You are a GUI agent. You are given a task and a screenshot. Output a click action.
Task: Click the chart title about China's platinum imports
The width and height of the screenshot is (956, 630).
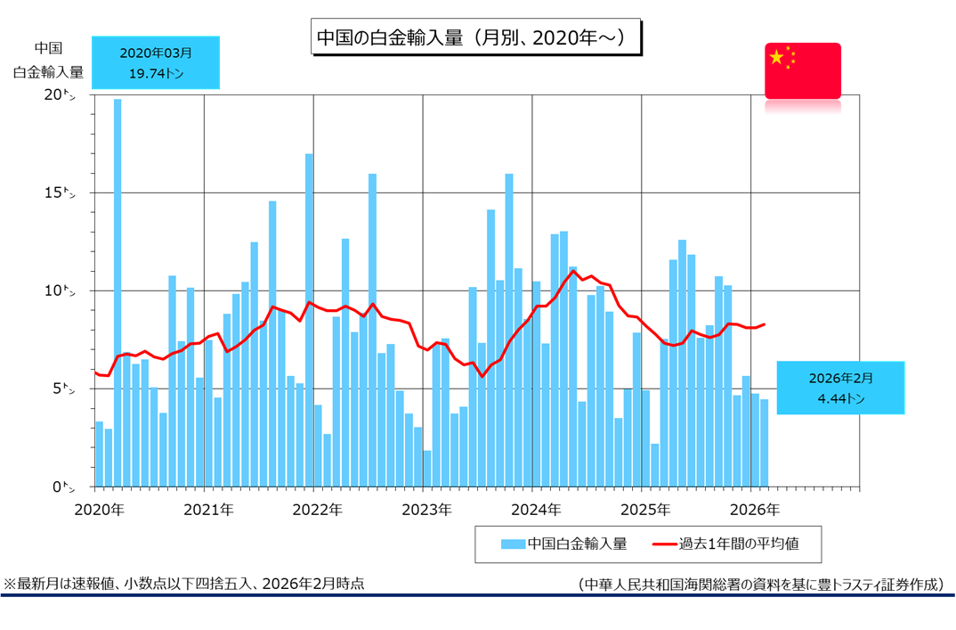click(x=474, y=38)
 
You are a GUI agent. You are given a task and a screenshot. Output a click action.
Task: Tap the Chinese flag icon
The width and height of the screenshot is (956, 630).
click(x=802, y=70)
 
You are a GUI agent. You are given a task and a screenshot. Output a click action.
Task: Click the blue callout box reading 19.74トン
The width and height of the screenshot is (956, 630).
click(x=156, y=62)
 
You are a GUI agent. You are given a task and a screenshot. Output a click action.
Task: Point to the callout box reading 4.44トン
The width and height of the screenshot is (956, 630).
click(x=840, y=388)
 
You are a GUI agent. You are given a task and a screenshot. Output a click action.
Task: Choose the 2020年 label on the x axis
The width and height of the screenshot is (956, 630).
click(x=100, y=510)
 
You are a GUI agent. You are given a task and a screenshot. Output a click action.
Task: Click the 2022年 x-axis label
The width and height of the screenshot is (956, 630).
click(x=318, y=510)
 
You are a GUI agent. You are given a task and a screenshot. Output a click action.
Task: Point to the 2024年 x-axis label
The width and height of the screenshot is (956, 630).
click(x=536, y=510)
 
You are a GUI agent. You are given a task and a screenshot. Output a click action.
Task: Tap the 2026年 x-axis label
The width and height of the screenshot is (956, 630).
click(x=754, y=510)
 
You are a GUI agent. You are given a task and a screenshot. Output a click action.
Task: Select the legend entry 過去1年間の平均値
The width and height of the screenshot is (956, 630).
click(x=733, y=544)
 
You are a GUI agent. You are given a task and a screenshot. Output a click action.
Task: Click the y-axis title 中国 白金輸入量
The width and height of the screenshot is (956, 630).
click(x=47, y=61)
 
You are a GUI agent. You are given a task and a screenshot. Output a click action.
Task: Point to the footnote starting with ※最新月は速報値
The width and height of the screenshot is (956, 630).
click(x=183, y=584)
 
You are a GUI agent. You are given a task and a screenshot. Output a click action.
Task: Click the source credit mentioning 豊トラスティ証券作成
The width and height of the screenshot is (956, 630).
click(x=759, y=585)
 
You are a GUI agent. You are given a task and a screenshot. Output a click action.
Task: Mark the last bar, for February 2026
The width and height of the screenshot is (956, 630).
click(x=764, y=443)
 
